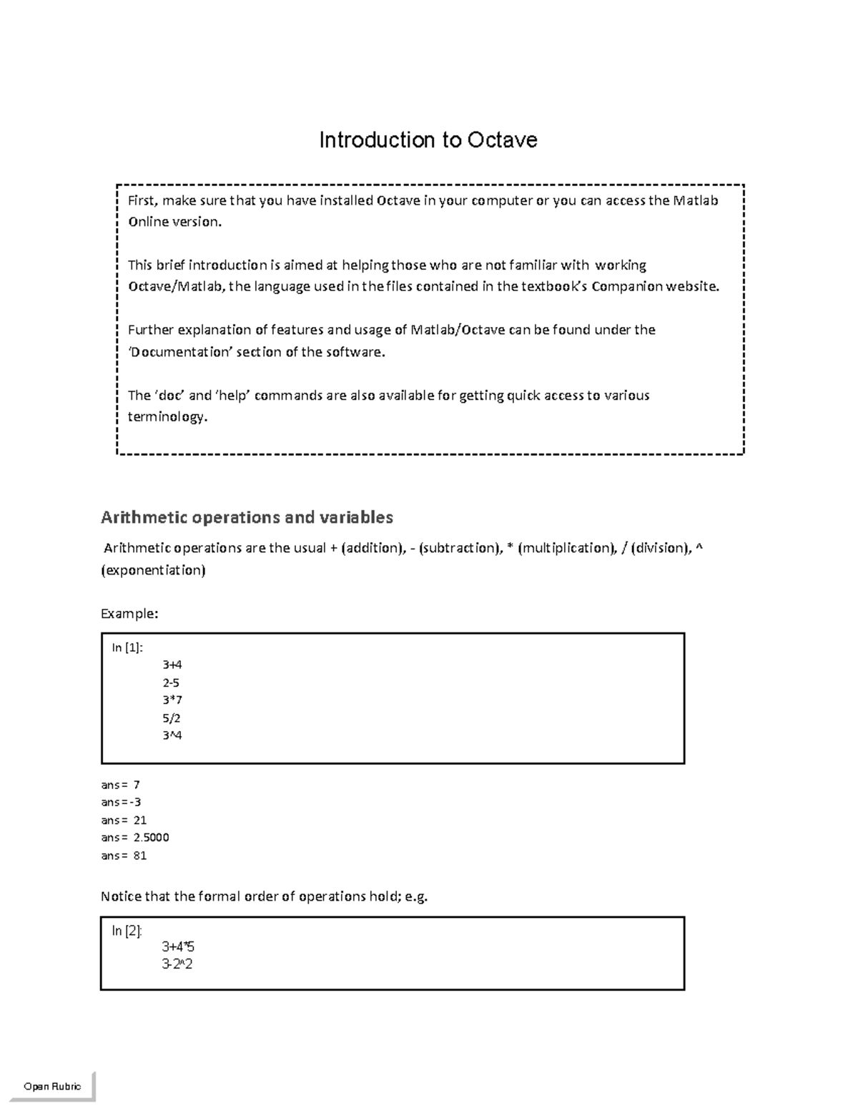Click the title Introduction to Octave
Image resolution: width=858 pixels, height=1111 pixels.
click(x=428, y=140)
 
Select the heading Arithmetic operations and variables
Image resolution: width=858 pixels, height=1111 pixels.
click(x=247, y=517)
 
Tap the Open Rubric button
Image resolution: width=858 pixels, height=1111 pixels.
click(x=52, y=1086)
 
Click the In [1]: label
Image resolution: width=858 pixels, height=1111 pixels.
click(x=127, y=647)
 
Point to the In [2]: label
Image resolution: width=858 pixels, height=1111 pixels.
click(x=127, y=931)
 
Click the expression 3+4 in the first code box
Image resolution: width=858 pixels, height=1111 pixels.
click(x=172, y=665)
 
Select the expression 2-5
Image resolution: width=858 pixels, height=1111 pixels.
click(x=171, y=682)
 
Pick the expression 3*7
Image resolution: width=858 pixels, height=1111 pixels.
click(x=172, y=700)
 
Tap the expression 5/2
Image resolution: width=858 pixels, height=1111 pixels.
click(x=171, y=718)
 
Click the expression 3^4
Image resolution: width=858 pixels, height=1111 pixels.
click(x=172, y=735)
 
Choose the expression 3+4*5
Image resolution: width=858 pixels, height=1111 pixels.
click(x=178, y=947)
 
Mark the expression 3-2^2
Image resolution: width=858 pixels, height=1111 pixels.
click(x=177, y=964)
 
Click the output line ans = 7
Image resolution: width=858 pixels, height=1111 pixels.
click(x=120, y=785)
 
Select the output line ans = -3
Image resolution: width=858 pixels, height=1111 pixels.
click(x=121, y=802)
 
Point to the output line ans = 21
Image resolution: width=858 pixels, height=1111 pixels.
click(x=124, y=820)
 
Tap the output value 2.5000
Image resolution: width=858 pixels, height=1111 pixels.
click(x=151, y=837)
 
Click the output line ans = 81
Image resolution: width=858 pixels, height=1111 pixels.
click(x=124, y=855)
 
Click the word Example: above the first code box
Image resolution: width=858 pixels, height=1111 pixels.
click(x=129, y=613)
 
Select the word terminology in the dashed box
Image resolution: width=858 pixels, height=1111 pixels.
click(x=167, y=416)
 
